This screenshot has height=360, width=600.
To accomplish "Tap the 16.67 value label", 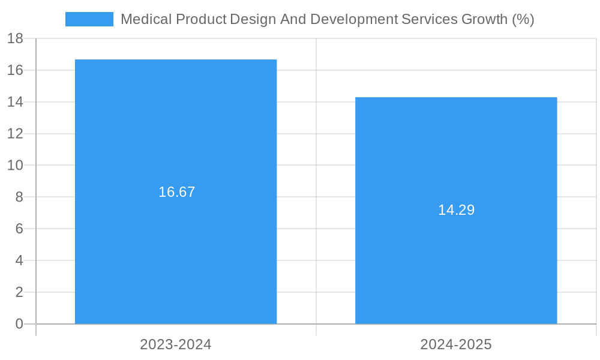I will click(x=176, y=192).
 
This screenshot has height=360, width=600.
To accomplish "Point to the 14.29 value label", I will click(x=456, y=210).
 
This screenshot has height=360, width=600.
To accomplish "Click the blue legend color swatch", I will click(x=89, y=19).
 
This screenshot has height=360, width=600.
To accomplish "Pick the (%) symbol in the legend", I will click(x=523, y=19).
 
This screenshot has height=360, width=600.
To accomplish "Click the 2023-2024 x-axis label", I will click(x=176, y=344).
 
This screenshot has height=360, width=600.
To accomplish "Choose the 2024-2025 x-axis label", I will click(x=456, y=344).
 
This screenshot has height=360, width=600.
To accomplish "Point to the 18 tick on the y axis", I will click(x=15, y=39).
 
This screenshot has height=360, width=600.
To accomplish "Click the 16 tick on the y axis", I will click(x=15, y=70).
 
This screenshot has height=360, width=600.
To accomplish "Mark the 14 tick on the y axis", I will click(x=15, y=102).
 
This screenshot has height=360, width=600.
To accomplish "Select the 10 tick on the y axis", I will click(x=15, y=166).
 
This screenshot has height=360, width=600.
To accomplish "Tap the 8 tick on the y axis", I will click(x=19, y=197).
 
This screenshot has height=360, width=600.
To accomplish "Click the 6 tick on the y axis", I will click(x=19, y=229).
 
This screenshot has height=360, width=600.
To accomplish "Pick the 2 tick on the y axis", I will click(x=19, y=292).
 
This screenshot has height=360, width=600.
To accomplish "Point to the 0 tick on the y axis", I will click(x=19, y=324).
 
